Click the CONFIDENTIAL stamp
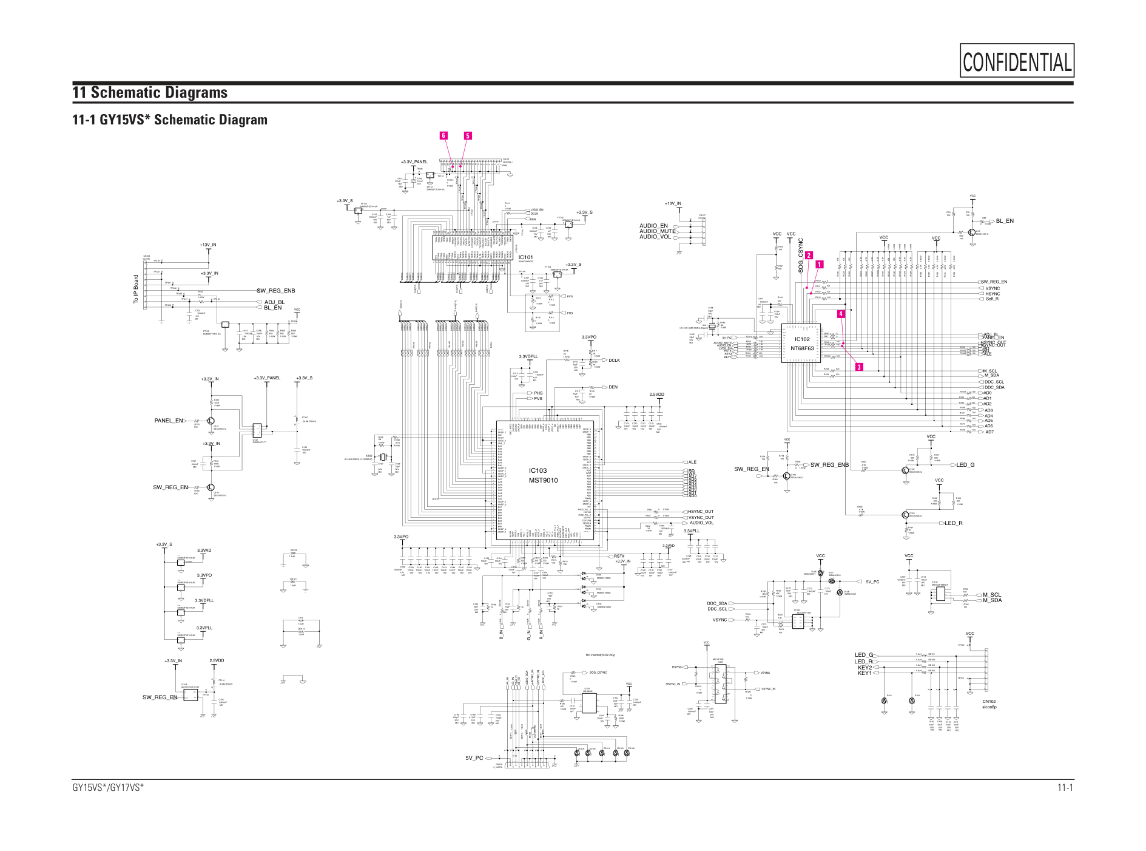[x=1017, y=61]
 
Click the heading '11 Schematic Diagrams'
[x=150, y=92]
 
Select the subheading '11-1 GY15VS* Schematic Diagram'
[x=170, y=120]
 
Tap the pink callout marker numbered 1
[x=819, y=265]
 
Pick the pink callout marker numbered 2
[x=809, y=256]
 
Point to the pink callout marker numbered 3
[x=858, y=367]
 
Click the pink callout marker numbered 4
[x=841, y=314]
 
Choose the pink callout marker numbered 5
[x=467, y=136]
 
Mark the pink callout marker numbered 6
[x=443, y=135]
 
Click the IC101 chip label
[x=525, y=257]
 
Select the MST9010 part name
[x=542, y=480]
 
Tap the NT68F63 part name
[x=801, y=348]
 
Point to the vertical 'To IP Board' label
[x=136, y=289]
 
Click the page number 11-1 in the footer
[x=1065, y=788]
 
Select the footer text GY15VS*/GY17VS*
[x=108, y=788]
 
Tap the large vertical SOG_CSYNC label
[x=801, y=255]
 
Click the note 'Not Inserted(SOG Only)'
[x=600, y=655]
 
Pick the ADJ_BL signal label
[x=274, y=302]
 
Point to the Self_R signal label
[x=992, y=299]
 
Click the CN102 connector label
[x=989, y=702]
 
